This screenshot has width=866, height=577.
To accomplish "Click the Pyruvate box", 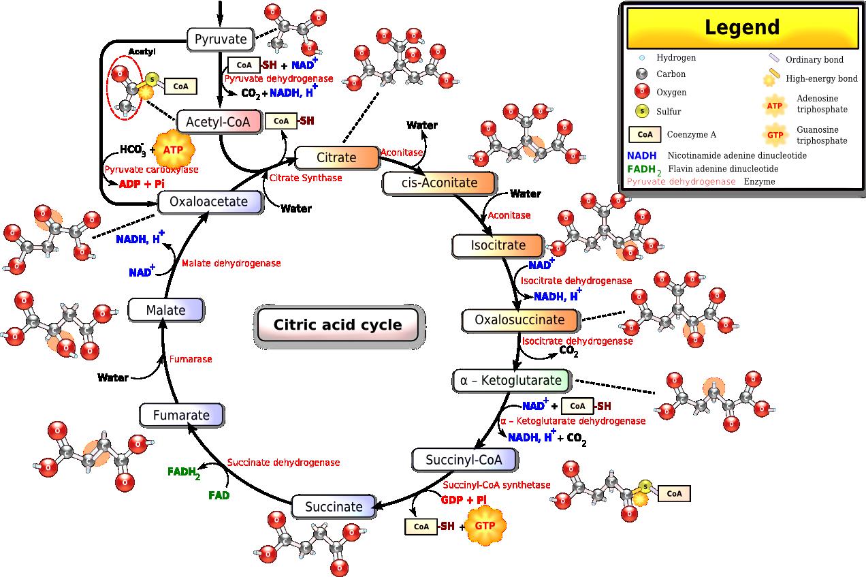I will (221, 40).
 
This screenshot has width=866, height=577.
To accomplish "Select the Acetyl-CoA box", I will (219, 123).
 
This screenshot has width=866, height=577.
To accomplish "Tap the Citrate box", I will (336, 157).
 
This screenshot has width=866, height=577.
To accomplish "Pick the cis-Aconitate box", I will (440, 183).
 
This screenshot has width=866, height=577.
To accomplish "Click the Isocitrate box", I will (498, 245).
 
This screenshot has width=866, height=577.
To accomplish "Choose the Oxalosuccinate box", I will (519, 319).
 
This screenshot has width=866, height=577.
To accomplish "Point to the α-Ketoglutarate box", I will (511, 380).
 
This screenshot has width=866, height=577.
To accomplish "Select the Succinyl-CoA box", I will (464, 460).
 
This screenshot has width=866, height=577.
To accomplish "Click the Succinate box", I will (334, 506).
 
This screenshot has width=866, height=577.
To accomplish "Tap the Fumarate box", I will (181, 414).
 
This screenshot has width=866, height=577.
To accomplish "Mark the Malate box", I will (165, 310).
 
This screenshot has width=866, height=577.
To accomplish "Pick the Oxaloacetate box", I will (210, 202).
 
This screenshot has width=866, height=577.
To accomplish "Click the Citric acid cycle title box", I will (338, 324).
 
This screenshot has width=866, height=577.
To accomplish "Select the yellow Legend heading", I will (741, 28).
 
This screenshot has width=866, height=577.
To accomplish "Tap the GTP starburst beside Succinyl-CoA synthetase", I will (485, 526).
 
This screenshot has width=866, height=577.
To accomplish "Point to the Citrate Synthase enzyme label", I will (306, 178).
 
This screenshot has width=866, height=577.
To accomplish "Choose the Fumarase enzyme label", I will (191, 359).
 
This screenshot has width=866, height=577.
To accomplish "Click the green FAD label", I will (219, 495).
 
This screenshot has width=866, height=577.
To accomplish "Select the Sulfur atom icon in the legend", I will (641, 111).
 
